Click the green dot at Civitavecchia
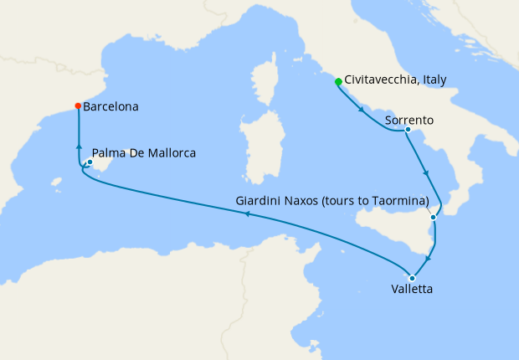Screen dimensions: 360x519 (338, 82)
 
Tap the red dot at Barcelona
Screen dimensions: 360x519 (78, 106)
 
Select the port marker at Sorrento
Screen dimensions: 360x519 (407, 130)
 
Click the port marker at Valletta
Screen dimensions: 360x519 (412, 278)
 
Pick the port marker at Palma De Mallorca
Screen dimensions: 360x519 (90, 162)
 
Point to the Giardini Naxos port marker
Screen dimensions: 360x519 (433, 218)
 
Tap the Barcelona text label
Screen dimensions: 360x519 (111, 107)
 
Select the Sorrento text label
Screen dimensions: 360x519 (409, 120)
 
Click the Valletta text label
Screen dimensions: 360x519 (412, 291)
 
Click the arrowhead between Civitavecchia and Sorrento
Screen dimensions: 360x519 (361, 109)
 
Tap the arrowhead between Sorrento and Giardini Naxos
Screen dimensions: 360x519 (427, 173)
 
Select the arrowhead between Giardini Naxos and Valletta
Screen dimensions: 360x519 (431, 249)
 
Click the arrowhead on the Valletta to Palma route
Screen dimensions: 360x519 (246, 213)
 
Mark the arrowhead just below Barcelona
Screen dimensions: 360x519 (78, 145)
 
